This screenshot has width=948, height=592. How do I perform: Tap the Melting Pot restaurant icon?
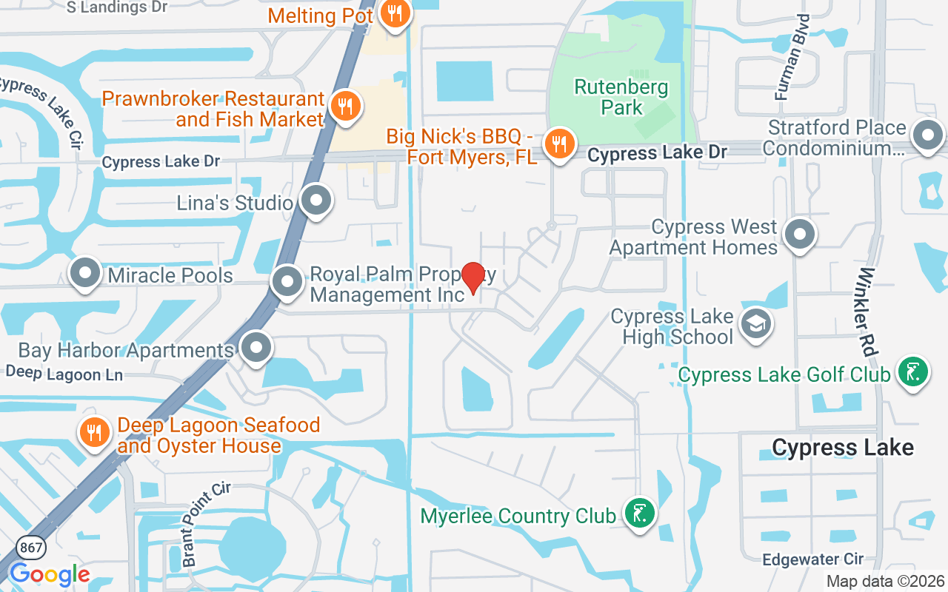pyautogui.click(x=396, y=14)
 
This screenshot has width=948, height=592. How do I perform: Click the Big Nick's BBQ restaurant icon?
pyautogui.click(x=559, y=144)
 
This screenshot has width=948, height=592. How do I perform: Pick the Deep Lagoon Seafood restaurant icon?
pyautogui.click(x=94, y=434)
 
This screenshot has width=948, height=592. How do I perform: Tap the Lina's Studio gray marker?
pyautogui.click(x=317, y=201)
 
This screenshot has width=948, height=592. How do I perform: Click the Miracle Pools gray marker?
pyautogui.click(x=85, y=273)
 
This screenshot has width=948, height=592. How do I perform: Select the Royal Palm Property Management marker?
pyautogui.click(x=287, y=282)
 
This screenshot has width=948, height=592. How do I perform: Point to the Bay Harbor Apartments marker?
pyautogui.click(x=256, y=347)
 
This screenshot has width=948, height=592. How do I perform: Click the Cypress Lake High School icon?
pyautogui.click(x=756, y=324)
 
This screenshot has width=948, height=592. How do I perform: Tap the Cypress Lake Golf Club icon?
pyautogui.click(x=912, y=372)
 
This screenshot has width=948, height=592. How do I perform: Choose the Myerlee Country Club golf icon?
pyautogui.click(x=639, y=514)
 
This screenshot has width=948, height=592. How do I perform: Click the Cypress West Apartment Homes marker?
pyautogui.click(x=799, y=235)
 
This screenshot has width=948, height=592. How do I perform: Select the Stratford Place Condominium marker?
pyautogui.click(x=928, y=136)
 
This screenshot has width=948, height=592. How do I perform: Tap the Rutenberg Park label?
pyautogui.click(x=621, y=98)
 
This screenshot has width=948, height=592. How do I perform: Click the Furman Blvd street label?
pyautogui.click(x=790, y=66)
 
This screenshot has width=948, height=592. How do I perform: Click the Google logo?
pyautogui.click(x=49, y=574)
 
